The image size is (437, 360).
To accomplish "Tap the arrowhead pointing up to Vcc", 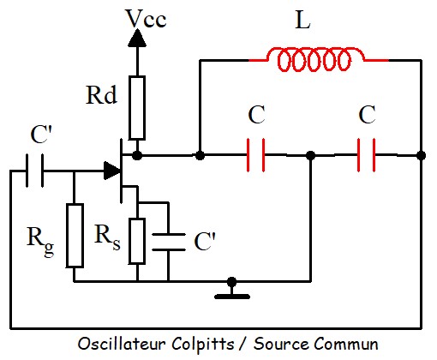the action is (137, 38).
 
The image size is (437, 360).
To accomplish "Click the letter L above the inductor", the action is (302, 20).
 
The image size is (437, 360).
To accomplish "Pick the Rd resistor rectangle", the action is (137, 108).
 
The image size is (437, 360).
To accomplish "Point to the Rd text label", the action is (101, 95).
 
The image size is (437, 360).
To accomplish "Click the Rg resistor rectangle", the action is (75, 236).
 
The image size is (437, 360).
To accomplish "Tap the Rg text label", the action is (40, 241).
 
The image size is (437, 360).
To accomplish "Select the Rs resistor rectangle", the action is (137, 241).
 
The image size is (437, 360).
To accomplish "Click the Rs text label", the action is (107, 237).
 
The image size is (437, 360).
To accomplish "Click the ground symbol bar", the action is (232, 297).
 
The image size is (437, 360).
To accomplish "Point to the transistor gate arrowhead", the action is (112, 171).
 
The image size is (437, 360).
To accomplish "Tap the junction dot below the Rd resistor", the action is (137, 155).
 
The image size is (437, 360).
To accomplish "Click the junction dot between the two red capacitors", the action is (311, 156).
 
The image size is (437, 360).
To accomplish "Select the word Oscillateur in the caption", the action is (122, 344).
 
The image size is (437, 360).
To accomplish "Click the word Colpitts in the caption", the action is (203, 344).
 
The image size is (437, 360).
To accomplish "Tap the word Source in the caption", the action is (281, 344).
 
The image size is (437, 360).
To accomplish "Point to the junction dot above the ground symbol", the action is (232, 282).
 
